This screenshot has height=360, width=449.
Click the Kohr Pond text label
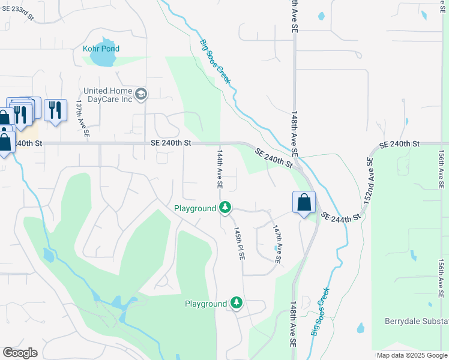[x=101, y=49]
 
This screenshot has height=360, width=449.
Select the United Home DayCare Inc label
[x=107, y=95]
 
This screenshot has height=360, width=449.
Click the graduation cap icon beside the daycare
[x=141, y=94]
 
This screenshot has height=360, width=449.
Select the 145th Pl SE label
[x=239, y=243]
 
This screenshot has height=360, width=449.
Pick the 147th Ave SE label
[x=277, y=244]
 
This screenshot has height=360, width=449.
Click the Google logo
[x=20, y=353]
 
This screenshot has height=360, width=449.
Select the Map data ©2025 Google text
[x=412, y=355]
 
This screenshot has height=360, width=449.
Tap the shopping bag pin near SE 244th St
[x=304, y=202]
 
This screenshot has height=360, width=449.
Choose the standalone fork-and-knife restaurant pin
[x=55, y=110]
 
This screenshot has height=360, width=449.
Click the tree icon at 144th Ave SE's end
[x=225, y=208]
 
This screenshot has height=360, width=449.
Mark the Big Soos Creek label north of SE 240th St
[x=214, y=61]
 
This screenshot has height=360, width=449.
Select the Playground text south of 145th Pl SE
[x=205, y=304]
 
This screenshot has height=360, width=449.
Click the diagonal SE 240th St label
[x=274, y=158]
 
